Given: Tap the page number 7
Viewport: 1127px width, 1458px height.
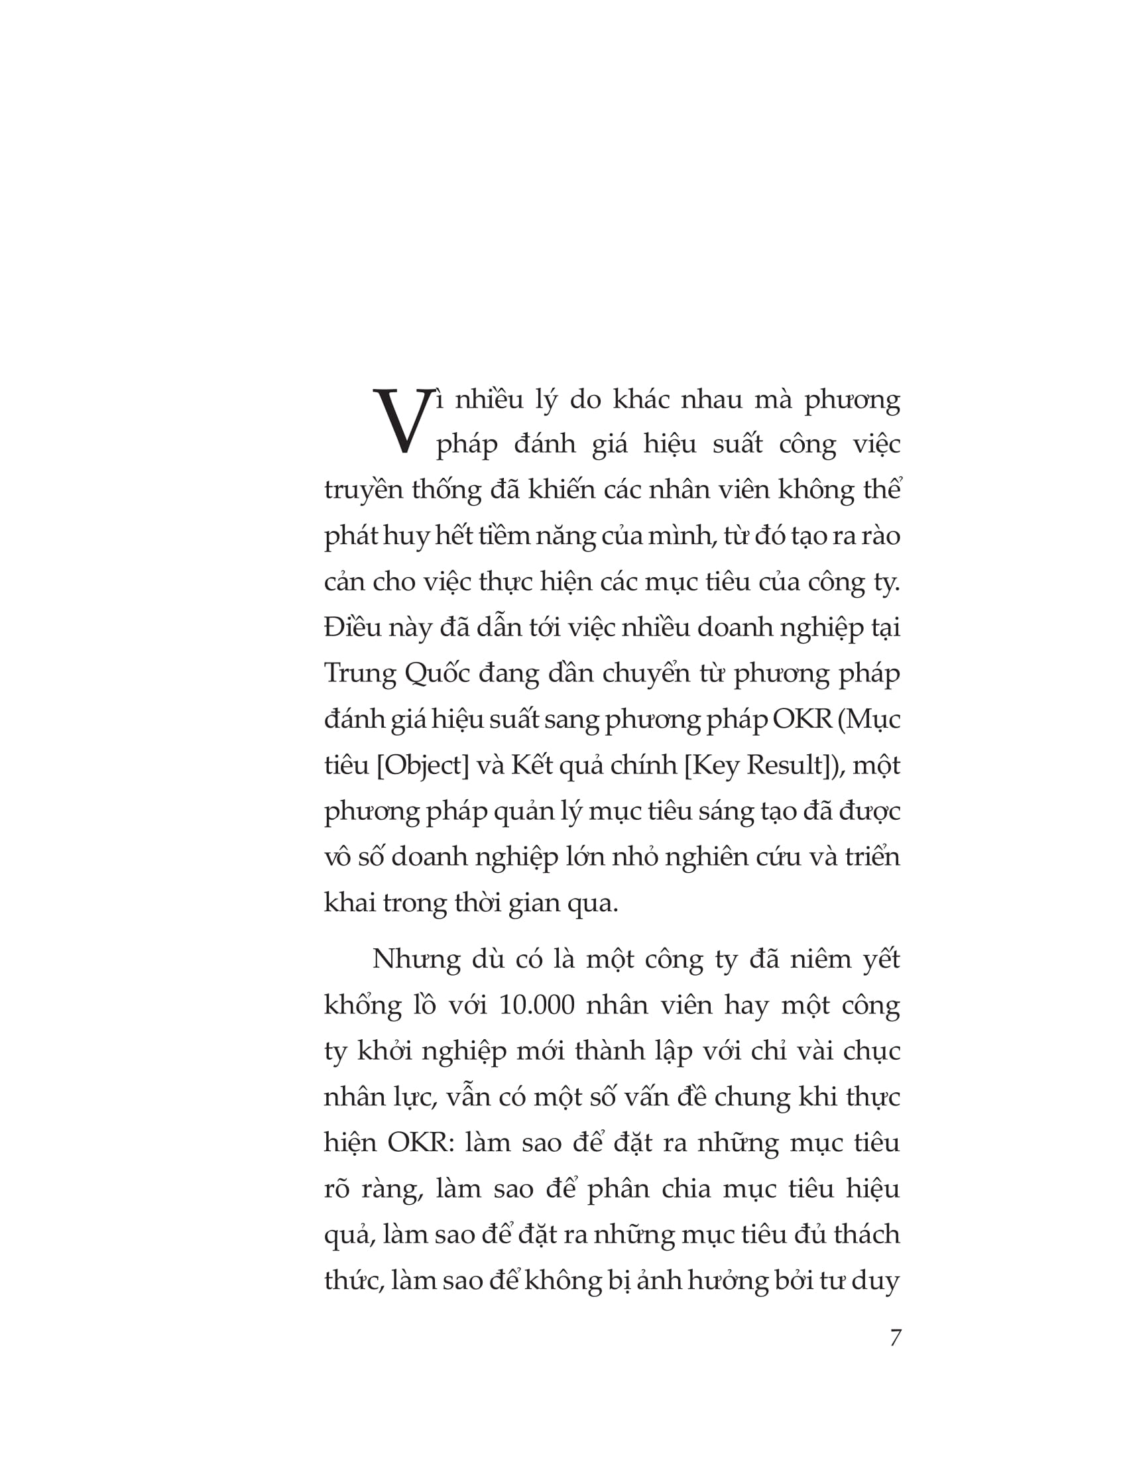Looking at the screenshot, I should [896, 1338].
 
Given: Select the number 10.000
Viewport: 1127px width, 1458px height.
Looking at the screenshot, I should [537, 1005].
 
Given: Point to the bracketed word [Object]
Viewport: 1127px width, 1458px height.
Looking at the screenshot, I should [423, 764].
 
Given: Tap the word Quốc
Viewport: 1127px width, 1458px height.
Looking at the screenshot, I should [437, 674].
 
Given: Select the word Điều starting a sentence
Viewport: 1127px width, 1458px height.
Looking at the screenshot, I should [352, 627].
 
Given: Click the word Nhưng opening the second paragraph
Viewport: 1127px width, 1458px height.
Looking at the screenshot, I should [416, 960].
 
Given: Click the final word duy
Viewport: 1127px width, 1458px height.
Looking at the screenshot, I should [877, 1281].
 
